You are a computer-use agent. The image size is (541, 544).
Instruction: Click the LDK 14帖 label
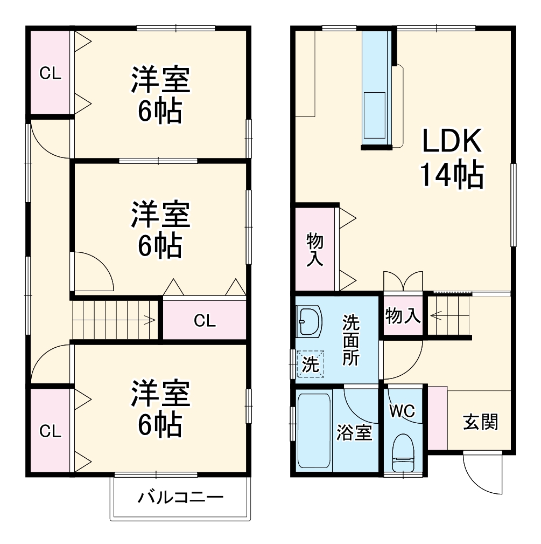pos(451,159)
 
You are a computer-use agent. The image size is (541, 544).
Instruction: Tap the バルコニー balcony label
pos(180,497)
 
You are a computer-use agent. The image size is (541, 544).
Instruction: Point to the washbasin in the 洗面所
pos(309,321)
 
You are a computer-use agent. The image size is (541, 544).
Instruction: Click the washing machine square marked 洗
pos(311,364)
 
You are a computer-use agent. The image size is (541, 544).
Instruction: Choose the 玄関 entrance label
pos(481,422)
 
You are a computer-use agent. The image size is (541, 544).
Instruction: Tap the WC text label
pos(403,411)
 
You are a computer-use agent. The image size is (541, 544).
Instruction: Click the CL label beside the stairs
pos(205,321)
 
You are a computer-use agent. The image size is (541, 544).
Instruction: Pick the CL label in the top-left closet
pos(50,73)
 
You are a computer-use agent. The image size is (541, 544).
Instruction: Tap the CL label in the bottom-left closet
pos(50,431)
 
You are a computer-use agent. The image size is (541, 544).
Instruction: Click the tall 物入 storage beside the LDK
pos(315,249)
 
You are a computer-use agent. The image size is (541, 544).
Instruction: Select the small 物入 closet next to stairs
pos(403,316)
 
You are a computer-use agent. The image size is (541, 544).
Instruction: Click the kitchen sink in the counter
pos(375,115)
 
